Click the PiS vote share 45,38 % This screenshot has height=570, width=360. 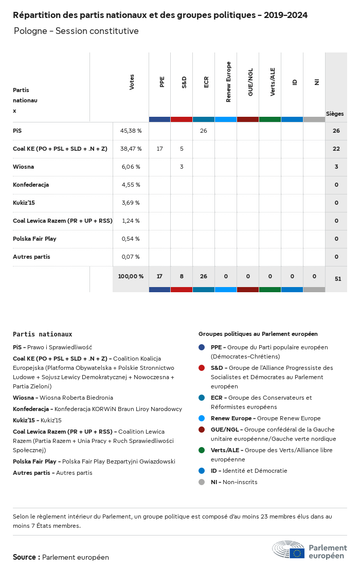point(131,131)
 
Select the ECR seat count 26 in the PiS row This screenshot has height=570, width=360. point(204,131)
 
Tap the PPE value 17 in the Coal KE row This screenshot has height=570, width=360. point(159,149)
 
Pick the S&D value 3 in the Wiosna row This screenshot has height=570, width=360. point(182,167)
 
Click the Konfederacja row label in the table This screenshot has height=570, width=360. point(31,185)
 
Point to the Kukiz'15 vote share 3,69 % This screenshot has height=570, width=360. point(131,203)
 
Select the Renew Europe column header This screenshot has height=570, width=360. point(228,82)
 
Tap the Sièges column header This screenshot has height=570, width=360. point(335,114)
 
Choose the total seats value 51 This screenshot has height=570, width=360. point(338,279)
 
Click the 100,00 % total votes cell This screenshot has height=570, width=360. point(131,276)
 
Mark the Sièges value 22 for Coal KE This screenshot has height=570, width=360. point(336,149)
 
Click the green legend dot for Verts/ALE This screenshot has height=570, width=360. point(202,450)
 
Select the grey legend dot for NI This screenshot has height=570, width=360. point(202,482)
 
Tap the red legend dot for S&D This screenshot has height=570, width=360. point(202,368)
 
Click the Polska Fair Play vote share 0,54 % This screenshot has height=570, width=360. point(131,239)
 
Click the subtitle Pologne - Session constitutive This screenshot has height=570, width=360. point(76,31)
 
